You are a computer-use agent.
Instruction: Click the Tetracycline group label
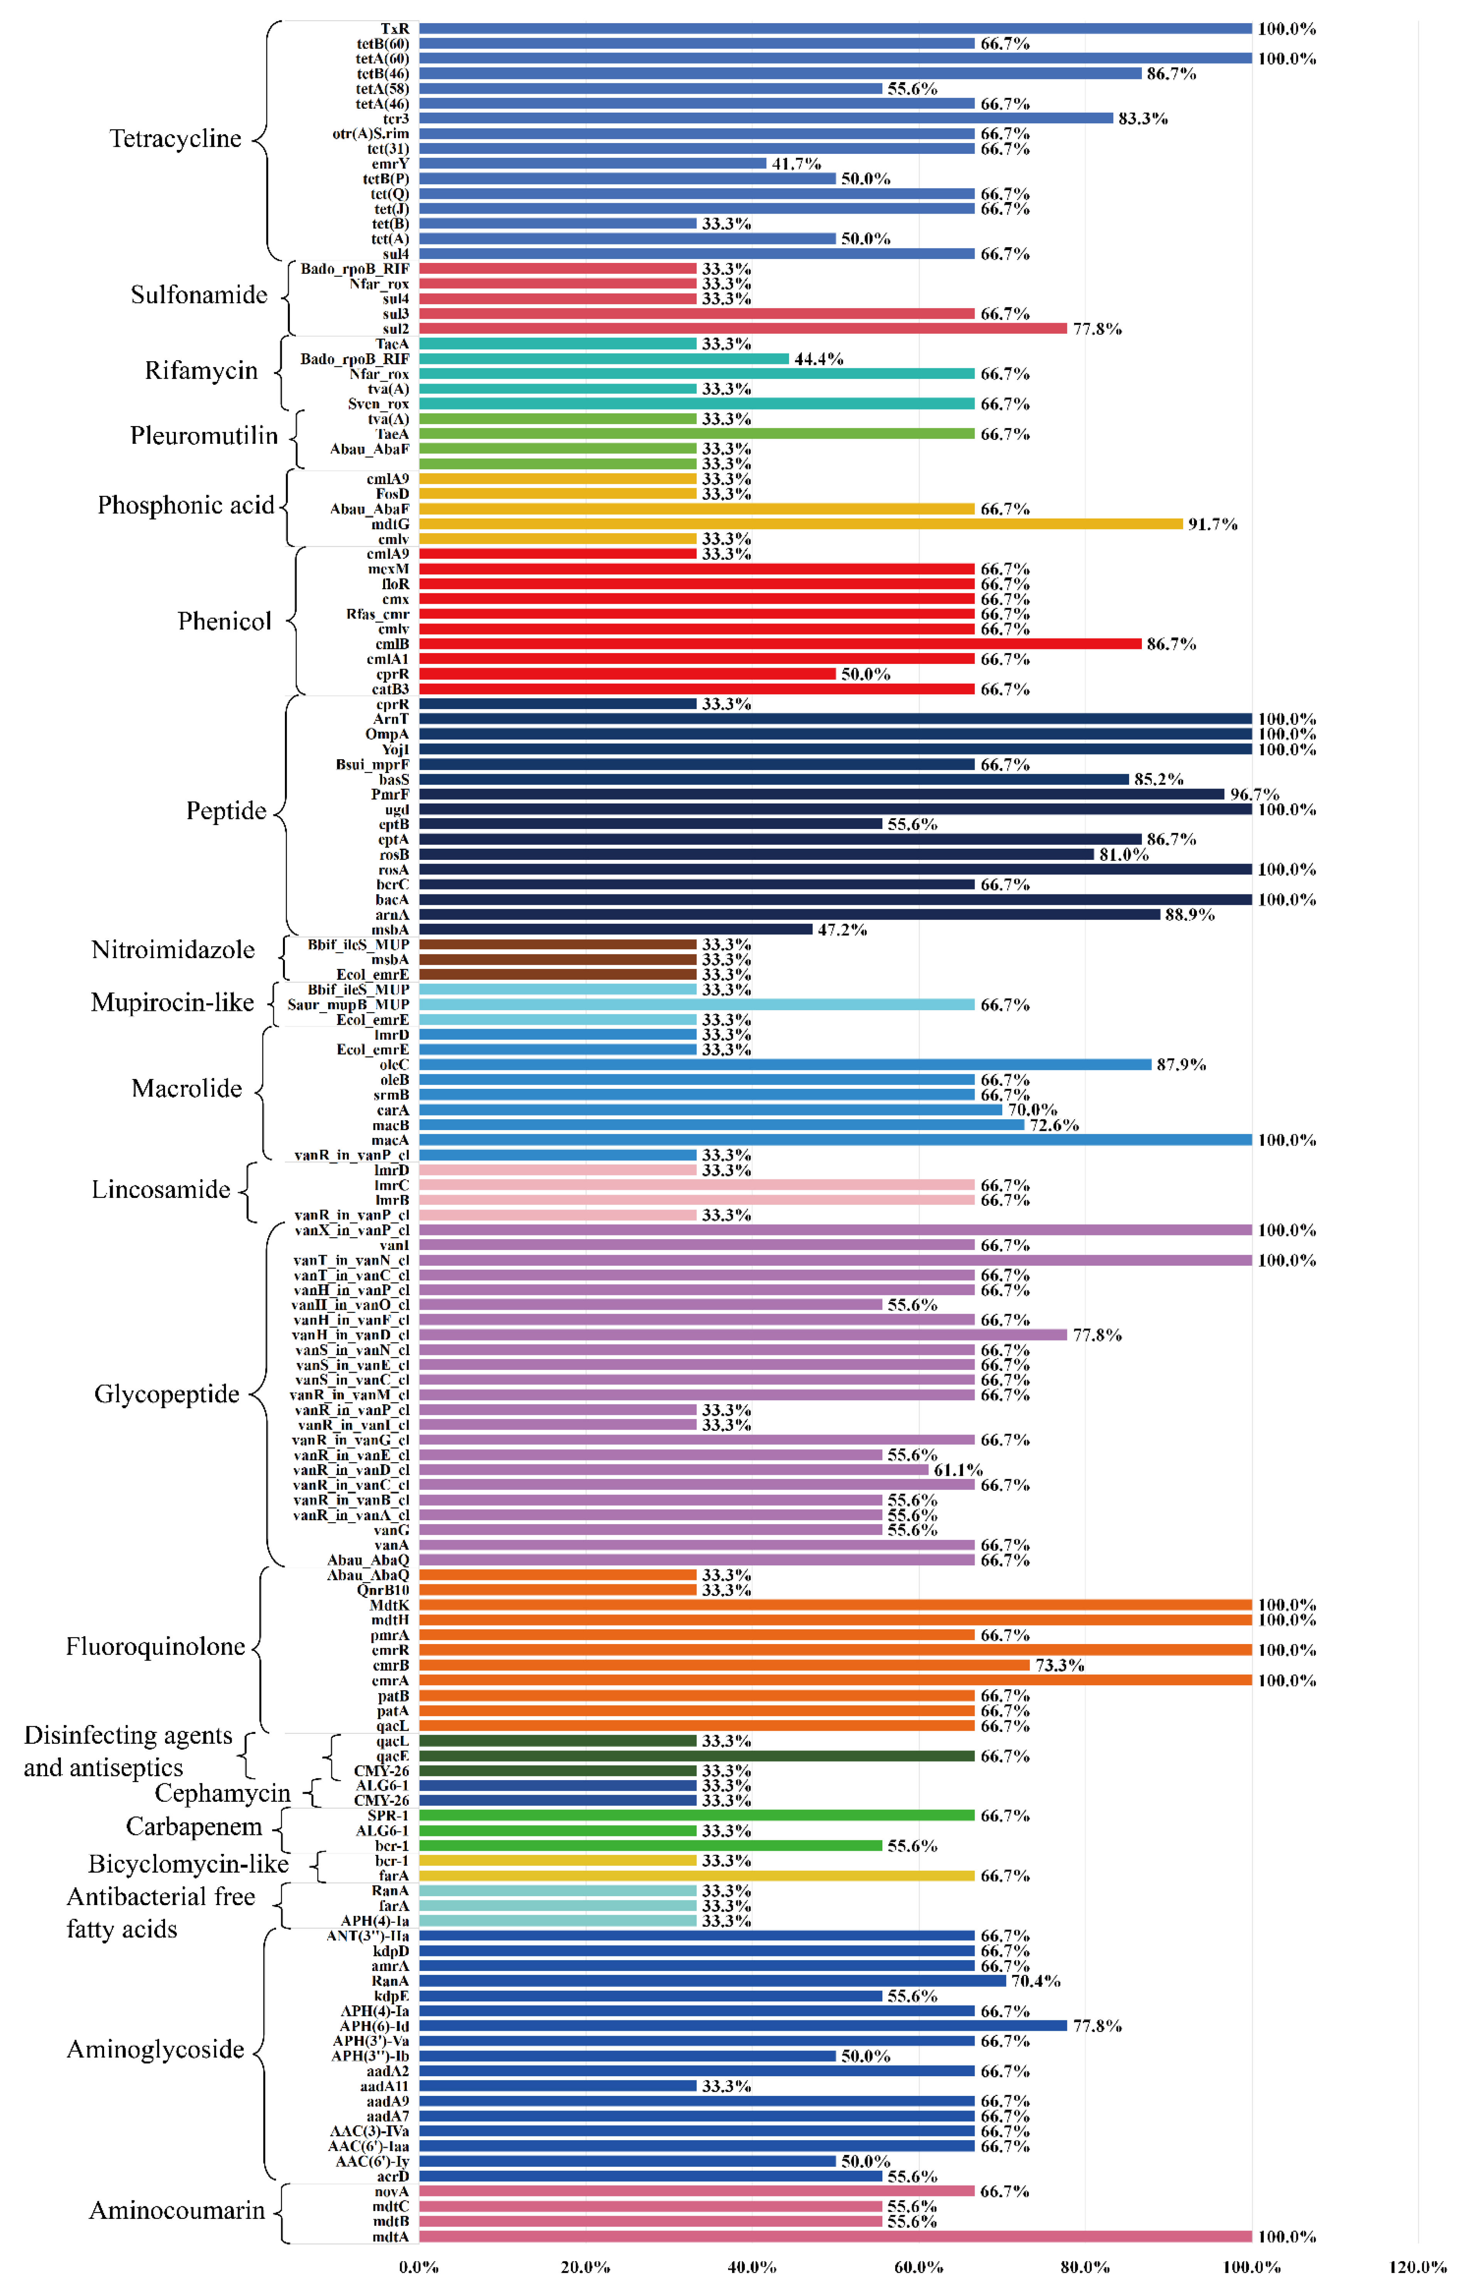coord(175,139)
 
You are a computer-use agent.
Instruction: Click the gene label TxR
coord(395,29)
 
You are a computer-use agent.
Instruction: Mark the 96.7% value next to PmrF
coord(1254,794)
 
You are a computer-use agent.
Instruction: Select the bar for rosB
coord(756,854)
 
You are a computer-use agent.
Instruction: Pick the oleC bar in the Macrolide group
coord(785,1065)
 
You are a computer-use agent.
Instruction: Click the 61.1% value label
coord(957,1470)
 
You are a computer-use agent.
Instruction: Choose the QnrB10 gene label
coord(383,1590)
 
